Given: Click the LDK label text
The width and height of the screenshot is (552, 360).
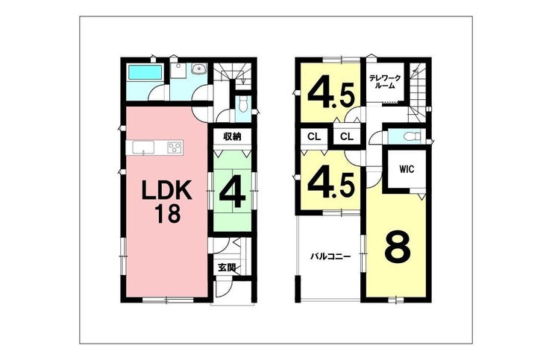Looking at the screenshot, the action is (x=166, y=190).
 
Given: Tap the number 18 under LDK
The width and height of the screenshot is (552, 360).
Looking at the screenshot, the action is (x=168, y=214).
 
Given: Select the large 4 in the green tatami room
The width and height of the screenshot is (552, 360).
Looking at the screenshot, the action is (x=232, y=195).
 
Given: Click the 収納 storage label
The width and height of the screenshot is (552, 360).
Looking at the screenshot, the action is (x=233, y=136).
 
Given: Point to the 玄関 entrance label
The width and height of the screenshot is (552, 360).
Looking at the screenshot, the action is (x=227, y=268).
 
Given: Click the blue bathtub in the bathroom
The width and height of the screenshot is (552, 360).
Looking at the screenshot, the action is (x=145, y=72).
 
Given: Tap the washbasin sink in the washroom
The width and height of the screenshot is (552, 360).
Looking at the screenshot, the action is (x=200, y=69).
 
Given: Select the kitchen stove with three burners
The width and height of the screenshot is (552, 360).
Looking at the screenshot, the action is (x=175, y=147).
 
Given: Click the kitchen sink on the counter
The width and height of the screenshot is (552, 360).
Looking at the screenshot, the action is (x=143, y=147).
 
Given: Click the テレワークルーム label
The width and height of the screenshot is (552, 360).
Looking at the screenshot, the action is (x=385, y=82).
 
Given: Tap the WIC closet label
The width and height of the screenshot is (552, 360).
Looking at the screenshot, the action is (x=407, y=169).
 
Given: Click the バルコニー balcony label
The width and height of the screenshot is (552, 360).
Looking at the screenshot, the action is (x=330, y=256).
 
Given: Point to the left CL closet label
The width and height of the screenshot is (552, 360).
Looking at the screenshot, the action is (x=314, y=136).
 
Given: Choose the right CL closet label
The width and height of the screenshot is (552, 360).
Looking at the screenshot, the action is (x=347, y=136).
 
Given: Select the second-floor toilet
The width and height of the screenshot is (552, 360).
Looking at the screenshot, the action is (x=411, y=136).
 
